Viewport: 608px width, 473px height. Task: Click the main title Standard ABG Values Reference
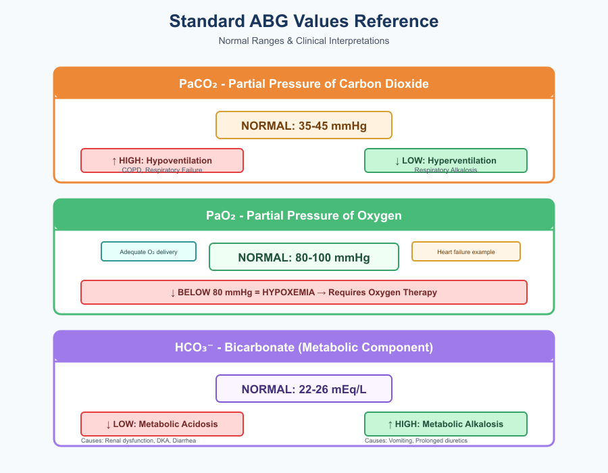click(x=304, y=21)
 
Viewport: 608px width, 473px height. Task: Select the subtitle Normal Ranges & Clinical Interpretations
click(x=304, y=41)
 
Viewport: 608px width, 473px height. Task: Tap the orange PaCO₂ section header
click(x=304, y=84)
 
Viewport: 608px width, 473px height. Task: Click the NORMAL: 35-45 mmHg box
click(x=304, y=125)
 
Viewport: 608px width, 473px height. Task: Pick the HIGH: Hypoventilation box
click(x=162, y=159)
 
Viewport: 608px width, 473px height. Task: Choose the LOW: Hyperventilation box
click(x=446, y=159)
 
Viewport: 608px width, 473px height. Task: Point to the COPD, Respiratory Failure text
click(x=162, y=170)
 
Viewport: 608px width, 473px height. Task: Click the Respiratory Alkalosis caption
click(x=446, y=170)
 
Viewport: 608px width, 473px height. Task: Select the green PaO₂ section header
click(x=304, y=216)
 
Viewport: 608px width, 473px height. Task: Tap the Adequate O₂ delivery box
click(x=149, y=251)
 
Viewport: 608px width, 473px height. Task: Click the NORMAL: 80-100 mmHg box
click(x=304, y=257)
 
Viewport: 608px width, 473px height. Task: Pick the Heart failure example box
click(x=466, y=251)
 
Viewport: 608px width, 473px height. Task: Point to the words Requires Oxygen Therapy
click(x=382, y=293)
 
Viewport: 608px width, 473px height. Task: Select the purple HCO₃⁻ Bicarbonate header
click(x=304, y=347)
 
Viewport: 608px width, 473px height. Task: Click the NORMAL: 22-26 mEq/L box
click(x=304, y=389)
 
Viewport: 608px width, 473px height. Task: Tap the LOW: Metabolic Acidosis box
click(x=162, y=424)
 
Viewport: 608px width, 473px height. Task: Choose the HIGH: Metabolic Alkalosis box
click(x=446, y=424)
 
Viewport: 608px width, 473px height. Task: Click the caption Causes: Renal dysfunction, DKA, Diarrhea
click(x=138, y=441)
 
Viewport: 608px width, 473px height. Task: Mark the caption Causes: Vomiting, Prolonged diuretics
click(x=416, y=441)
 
